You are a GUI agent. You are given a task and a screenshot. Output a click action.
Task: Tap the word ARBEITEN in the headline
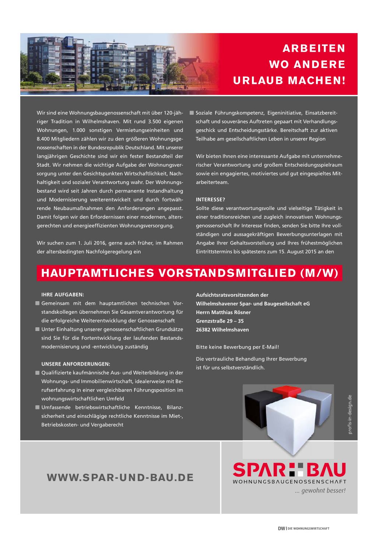click(x=314, y=49)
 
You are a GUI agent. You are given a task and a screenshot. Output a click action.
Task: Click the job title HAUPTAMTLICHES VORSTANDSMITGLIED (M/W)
click(x=189, y=273)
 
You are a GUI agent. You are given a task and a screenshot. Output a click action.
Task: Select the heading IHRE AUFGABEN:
click(x=63, y=295)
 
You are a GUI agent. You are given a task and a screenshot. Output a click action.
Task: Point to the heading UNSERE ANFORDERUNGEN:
click(x=75, y=364)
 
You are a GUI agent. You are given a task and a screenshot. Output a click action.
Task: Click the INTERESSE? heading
click(x=210, y=200)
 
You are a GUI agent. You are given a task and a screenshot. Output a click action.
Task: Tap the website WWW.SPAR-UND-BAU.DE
click(x=120, y=478)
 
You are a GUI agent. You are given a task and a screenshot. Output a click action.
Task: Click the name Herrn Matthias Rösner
click(x=223, y=312)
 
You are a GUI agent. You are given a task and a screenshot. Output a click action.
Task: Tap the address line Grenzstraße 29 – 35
click(x=220, y=321)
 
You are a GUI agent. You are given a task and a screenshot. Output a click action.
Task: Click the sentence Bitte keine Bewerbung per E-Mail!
click(x=238, y=347)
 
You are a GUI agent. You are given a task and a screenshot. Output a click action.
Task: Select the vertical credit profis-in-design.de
click(x=350, y=414)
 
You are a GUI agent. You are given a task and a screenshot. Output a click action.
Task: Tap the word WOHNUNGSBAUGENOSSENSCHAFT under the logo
click(x=289, y=481)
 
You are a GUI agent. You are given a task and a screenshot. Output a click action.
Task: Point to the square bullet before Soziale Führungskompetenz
click(x=191, y=113)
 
